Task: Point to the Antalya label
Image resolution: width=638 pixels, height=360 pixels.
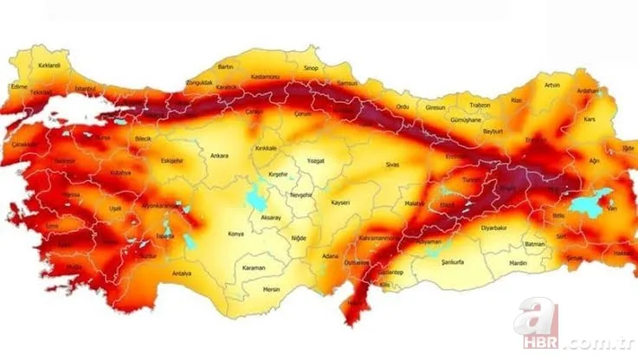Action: tap(182, 273)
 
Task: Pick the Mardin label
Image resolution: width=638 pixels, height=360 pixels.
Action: tap(518, 261)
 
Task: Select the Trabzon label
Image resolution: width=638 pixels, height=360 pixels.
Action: tap(480, 105)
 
